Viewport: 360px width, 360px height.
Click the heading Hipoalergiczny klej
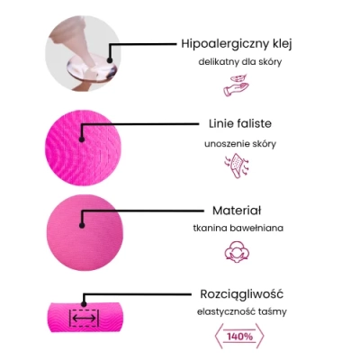(x=237, y=44)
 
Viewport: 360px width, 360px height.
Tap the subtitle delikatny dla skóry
(x=240, y=62)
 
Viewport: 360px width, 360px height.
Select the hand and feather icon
(x=236, y=85)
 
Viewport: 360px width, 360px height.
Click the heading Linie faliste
(x=240, y=123)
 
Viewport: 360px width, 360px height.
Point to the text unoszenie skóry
(x=240, y=144)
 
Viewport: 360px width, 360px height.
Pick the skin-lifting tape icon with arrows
(x=237, y=166)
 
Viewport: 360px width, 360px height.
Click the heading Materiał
(x=237, y=211)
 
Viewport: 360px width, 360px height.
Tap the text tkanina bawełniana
(x=238, y=228)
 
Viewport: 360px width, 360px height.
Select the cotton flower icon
(x=237, y=252)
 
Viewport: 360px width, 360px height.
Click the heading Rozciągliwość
(x=241, y=294)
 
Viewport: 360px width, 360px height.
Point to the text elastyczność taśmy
(x=242, y=311)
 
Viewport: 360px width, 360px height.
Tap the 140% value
(x=239, y=337)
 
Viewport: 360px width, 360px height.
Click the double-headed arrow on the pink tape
(x=84, y=319)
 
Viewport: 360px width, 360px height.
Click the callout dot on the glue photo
(x=110, y=60)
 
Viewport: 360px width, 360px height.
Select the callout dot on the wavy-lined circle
(x=82, y=139)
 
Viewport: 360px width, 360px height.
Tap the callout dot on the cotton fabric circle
(x=82, y=225)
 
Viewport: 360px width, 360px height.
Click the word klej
(x=283, y=44)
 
